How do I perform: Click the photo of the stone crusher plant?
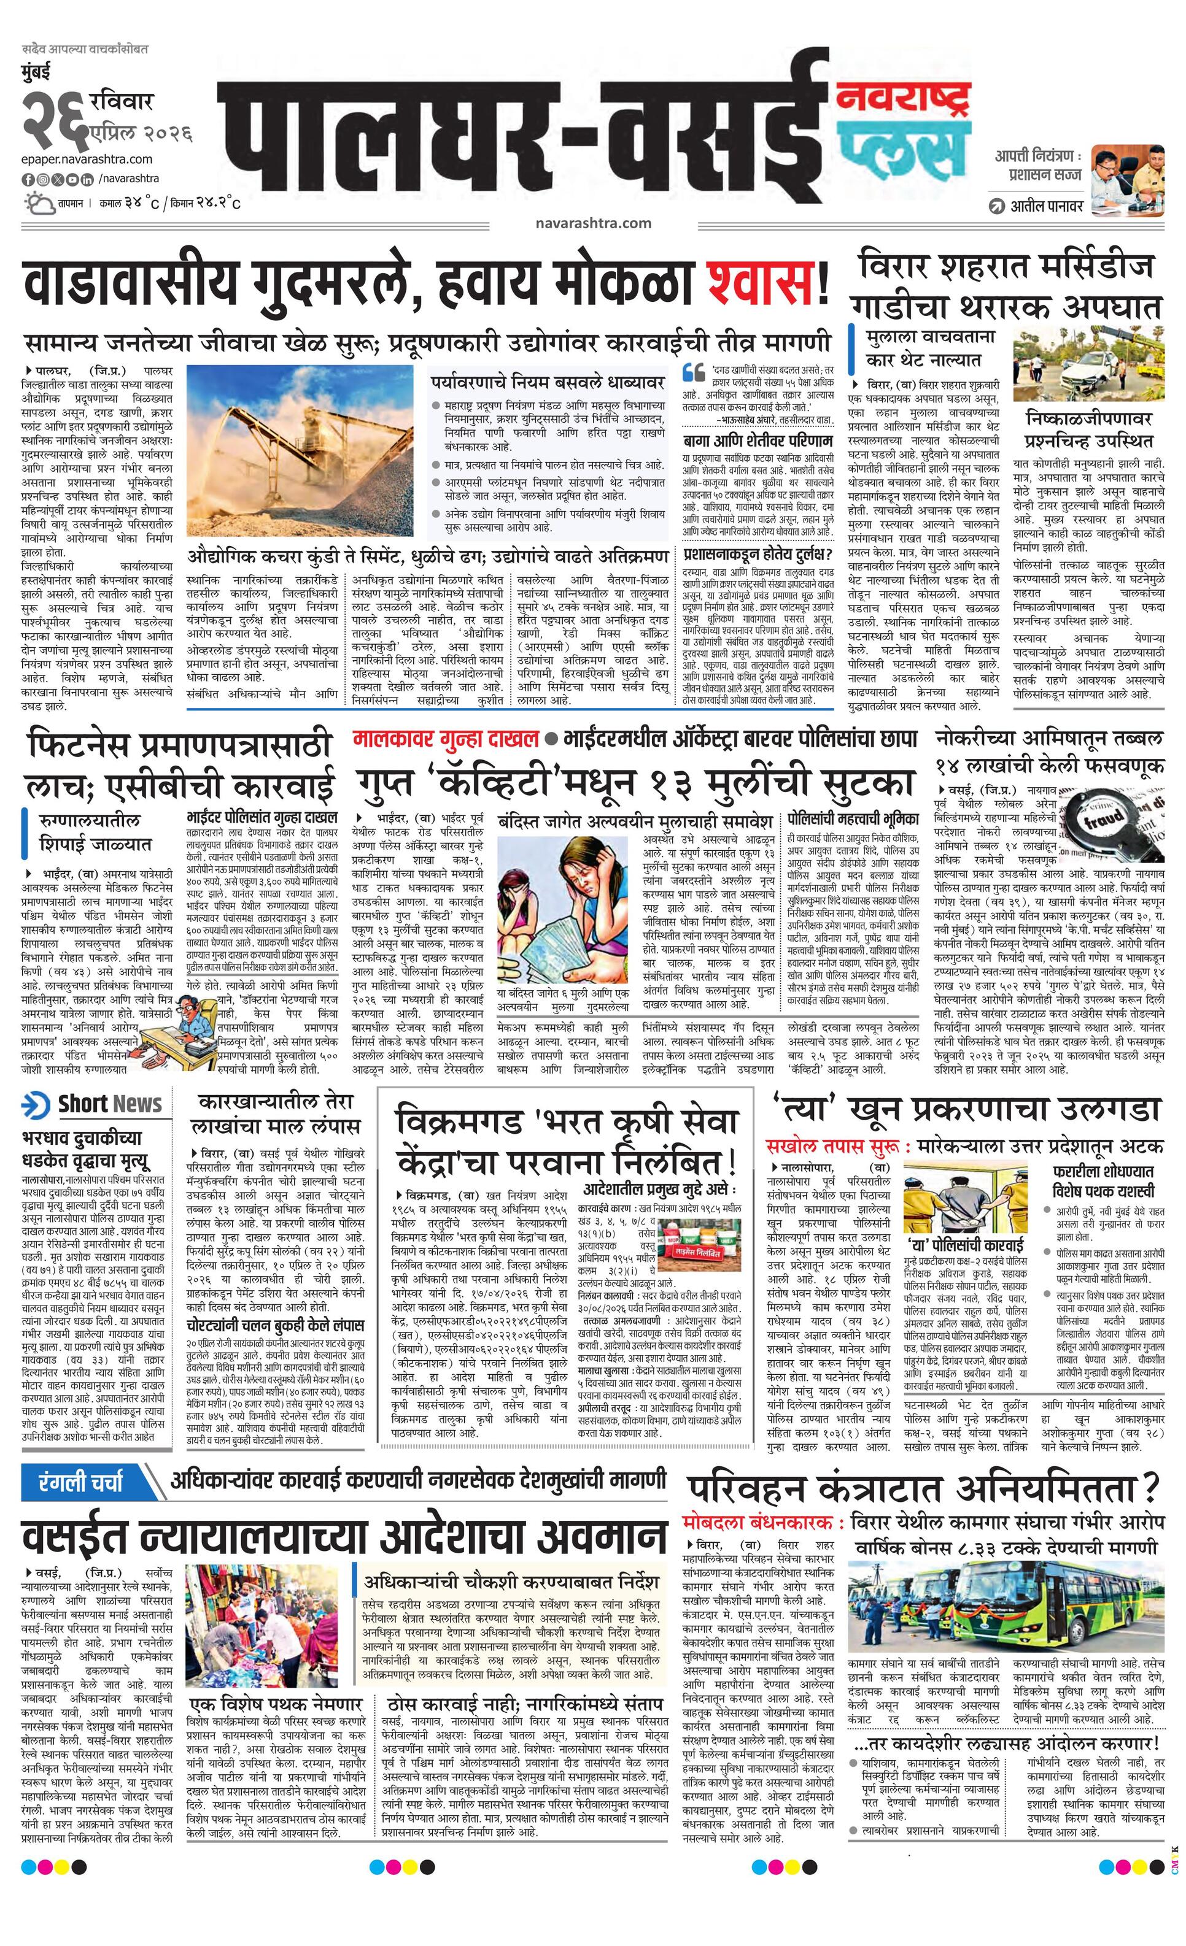(x=304, y=449)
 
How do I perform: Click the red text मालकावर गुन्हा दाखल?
(x=446, y=739)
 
